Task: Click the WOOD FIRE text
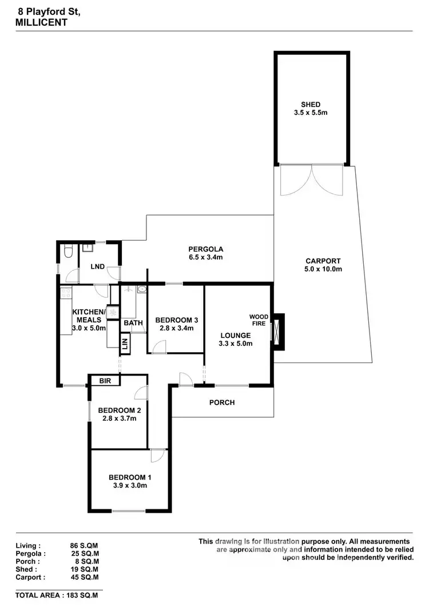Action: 259,320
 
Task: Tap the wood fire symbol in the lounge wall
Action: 277,331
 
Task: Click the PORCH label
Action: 222,402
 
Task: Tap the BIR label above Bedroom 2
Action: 105,381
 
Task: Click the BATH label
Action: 133,323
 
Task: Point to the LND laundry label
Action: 98,266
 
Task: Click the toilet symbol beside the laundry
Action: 67,252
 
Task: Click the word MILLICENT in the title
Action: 41,22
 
